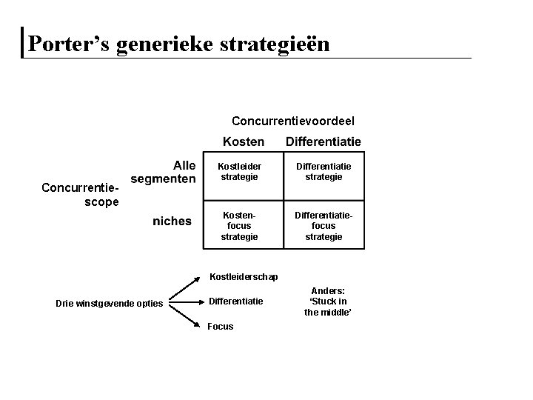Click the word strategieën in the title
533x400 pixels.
274,44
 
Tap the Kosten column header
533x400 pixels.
244,141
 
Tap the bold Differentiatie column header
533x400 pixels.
324,141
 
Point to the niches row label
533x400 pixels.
172,220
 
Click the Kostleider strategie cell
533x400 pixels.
240,172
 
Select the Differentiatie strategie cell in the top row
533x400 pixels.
324,172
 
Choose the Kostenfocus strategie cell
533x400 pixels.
240,225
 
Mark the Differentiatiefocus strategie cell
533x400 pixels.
324,225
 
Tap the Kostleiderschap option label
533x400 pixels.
244,277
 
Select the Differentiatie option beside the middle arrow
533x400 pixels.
235,301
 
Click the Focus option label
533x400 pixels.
221,326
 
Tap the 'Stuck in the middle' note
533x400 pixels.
327,301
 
